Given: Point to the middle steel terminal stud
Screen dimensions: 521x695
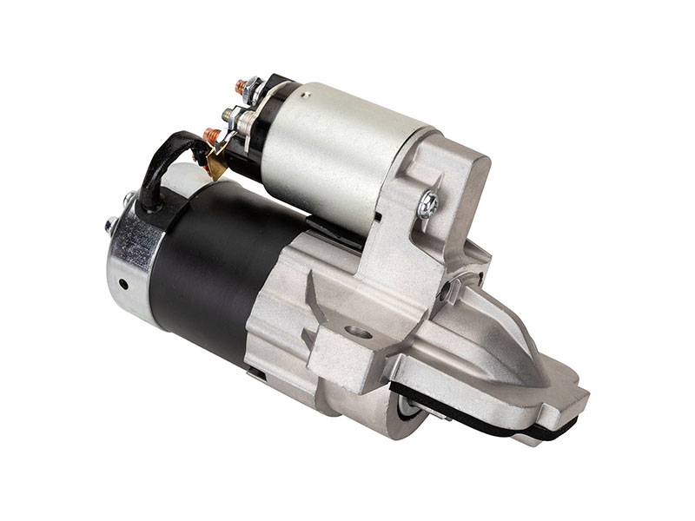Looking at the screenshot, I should (228, 112).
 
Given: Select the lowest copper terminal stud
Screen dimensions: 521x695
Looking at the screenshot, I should (208, 135).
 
